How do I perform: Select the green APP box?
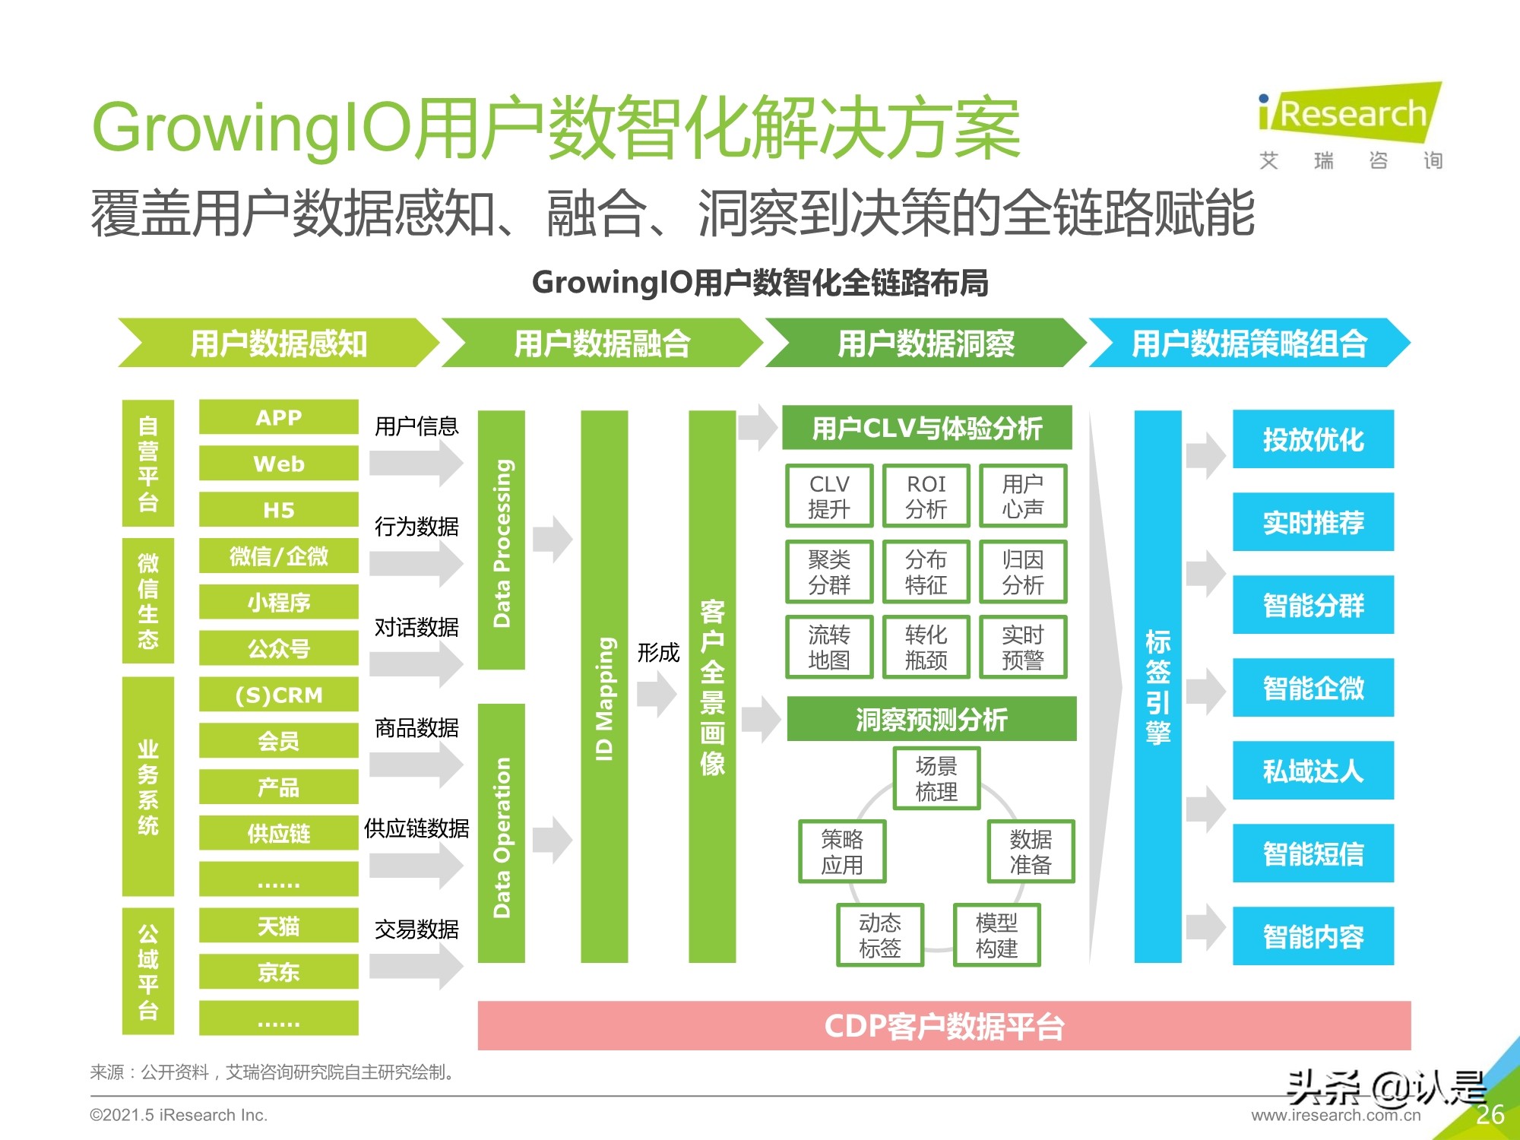(x=278, y=417)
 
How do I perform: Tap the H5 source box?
(x=278, y=509)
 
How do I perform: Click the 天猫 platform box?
(x=278, y=926)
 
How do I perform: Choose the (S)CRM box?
(x=278, y=695)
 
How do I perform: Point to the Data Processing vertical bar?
(x=502, y=540)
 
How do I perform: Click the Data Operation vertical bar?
(x=502, y=834)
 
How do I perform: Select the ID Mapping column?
(x=604, y=687)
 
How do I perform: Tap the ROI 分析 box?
(x=926, y=496)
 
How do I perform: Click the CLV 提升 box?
(x=829, y=496)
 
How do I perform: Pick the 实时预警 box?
(x=1023, y=647)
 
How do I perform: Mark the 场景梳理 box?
(x=936, y=778)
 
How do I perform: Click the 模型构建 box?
(x=996, y=935)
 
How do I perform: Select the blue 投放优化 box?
(x=1313, y=439)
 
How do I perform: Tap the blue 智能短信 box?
(x=1313, y=853)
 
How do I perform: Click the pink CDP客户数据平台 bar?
(x=944, y=1026)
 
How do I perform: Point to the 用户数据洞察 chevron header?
(x=926, y=344)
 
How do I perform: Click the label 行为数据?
(x=416, y=526)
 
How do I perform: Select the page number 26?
(x=1490, y=1114)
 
